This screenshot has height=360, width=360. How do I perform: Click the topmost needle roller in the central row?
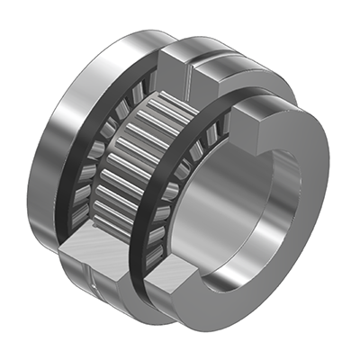tap(166, 108)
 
